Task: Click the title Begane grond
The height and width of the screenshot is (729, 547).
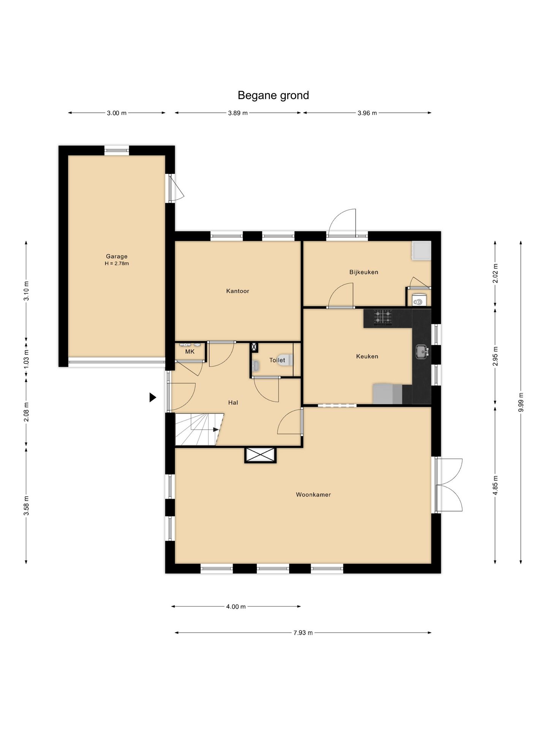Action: [x=273, y=95]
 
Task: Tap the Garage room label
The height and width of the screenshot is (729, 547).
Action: [x=117, y=256]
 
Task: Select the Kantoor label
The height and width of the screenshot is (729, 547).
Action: [x=237, y=291]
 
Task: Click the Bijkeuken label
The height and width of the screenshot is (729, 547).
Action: [x=364, y=272]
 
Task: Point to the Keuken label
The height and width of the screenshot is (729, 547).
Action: [x=367, y=357]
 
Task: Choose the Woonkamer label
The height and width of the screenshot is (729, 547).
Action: [x=313, y=495]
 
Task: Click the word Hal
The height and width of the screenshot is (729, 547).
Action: [x=233, y=402]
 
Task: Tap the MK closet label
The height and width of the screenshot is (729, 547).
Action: [x=190, y=352]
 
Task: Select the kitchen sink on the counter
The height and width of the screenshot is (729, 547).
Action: [x=422, y=352]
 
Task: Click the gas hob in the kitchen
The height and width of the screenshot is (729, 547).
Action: [x=383, y=318]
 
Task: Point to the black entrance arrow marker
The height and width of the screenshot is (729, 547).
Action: [x=153, y=398]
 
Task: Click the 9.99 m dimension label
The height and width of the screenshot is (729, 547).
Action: [x=520, y=402]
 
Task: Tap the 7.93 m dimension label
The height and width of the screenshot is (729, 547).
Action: [x=303, y=633]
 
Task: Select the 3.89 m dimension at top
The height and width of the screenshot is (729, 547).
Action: [x=238, y=113]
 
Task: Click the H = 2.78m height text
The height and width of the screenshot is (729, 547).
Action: [x=117, y=264]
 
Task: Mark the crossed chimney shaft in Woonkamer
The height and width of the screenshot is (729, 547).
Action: [x=260, y=455]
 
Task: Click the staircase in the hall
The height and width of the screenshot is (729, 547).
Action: [x=199, y=429]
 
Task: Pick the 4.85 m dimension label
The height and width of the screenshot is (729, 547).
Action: [x=495, y=486]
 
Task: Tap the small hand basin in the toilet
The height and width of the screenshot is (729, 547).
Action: [x=256, y=366]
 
